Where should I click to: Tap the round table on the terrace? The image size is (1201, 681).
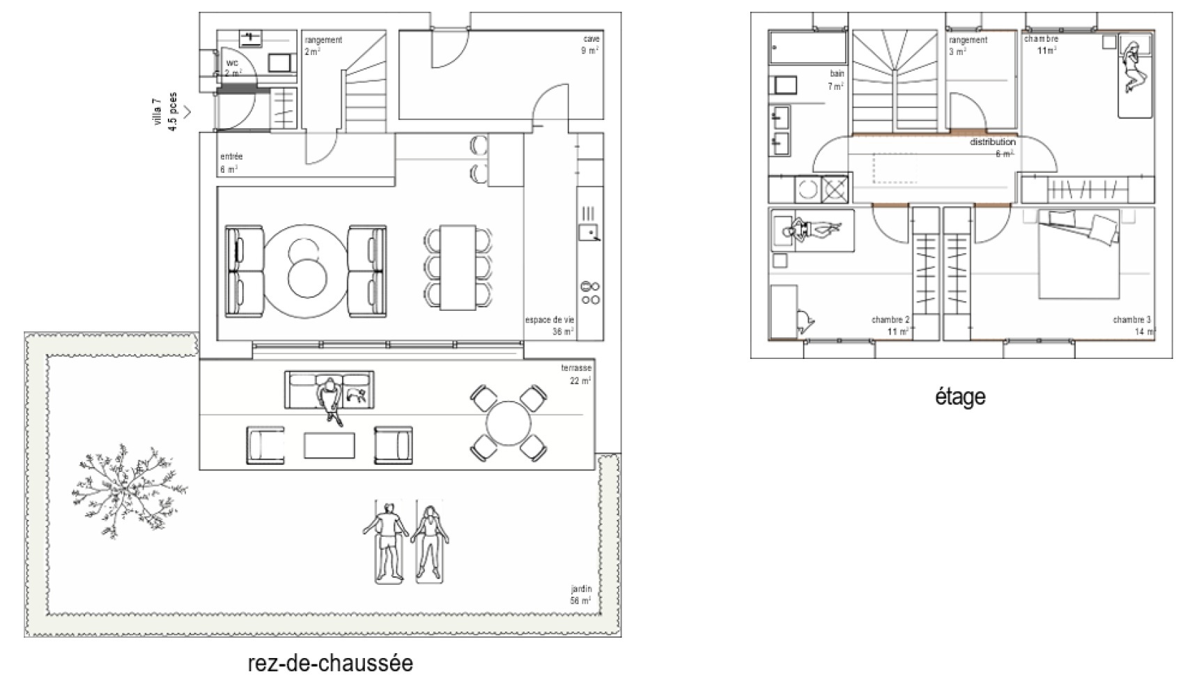click(509, 422)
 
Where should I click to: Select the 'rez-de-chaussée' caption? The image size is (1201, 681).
click(330, 662)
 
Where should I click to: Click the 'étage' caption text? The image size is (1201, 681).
click(960, 397)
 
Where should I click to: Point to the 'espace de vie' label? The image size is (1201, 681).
click(550, 321)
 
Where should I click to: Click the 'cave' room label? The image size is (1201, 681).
click(591, 40)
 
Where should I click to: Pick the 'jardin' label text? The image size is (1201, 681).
click(581, 589)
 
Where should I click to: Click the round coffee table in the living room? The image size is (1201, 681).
click(307, 271)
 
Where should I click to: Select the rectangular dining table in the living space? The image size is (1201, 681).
click(458, 268)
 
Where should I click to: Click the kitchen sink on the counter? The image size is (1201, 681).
click(589, 232)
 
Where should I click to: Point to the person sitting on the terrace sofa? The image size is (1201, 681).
click(330, 400)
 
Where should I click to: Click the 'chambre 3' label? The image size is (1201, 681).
click(1131, 320)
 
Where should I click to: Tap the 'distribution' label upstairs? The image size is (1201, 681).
click(993, 142)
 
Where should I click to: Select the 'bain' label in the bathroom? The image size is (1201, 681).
click(837, 73)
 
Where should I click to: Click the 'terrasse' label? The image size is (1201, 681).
click(576, 368)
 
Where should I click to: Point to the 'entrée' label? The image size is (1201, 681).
click(231, 157)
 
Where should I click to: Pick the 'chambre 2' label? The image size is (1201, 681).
click(890, 320)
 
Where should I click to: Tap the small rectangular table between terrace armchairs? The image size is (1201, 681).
click(329, 445)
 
